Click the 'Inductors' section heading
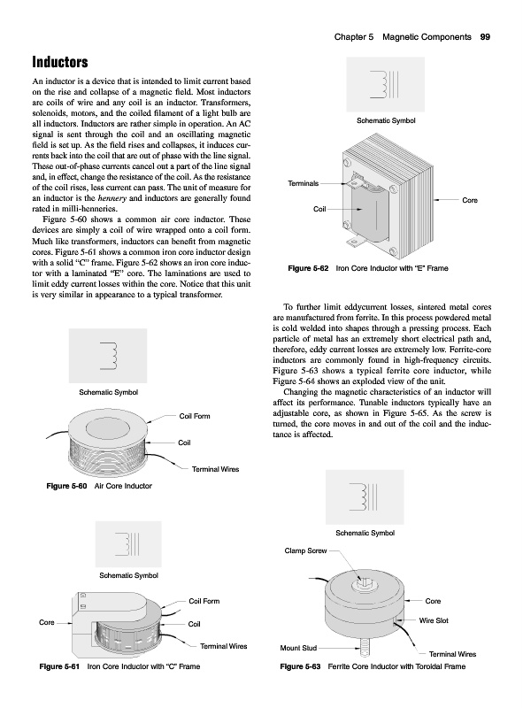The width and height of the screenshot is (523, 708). pyautogui.click(x=60, y=62)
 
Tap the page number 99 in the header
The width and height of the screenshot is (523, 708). pyautogui.click(x=485, y=37)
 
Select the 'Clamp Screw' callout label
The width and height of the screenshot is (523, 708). pyautogui.click(x=305, y=550)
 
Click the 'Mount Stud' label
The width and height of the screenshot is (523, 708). pyautogui.click(x=298, y=648)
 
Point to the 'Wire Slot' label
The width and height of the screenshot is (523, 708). pyautogui.click(x=434, y=620)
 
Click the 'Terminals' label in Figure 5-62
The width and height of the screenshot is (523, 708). pyautogui.click(x=303, y=183)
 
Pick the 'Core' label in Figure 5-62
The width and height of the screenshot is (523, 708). pyautogui.click(x=470, y=200)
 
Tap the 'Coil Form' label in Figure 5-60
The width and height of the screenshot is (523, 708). pyautogui.click(x=195, y=416)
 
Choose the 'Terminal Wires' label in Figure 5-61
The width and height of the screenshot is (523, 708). pyautogui.click(x=224, y=646)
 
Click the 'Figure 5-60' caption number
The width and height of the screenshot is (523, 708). pyautogui.click(x=66, y=486)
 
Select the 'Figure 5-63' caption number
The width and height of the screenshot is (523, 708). pyautogui.click(x=300, y=666)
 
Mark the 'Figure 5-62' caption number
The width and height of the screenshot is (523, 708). pyautogui.click(x=308, y=268)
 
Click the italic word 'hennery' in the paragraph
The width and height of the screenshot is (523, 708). pyautogui.click(x=112, y=198)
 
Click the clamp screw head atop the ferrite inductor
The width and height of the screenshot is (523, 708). pyautogui.click(x=363, y=583)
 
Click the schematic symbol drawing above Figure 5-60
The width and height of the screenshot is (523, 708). pyautogui.click(x=108, y=356)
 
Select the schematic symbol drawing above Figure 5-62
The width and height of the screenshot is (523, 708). pyautogui.click(x=385, y=84)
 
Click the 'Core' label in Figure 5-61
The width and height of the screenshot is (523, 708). pyautogui.click(x=47, y=622)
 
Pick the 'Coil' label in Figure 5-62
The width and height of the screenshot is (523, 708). pyautogui.click(x=319, y=209)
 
